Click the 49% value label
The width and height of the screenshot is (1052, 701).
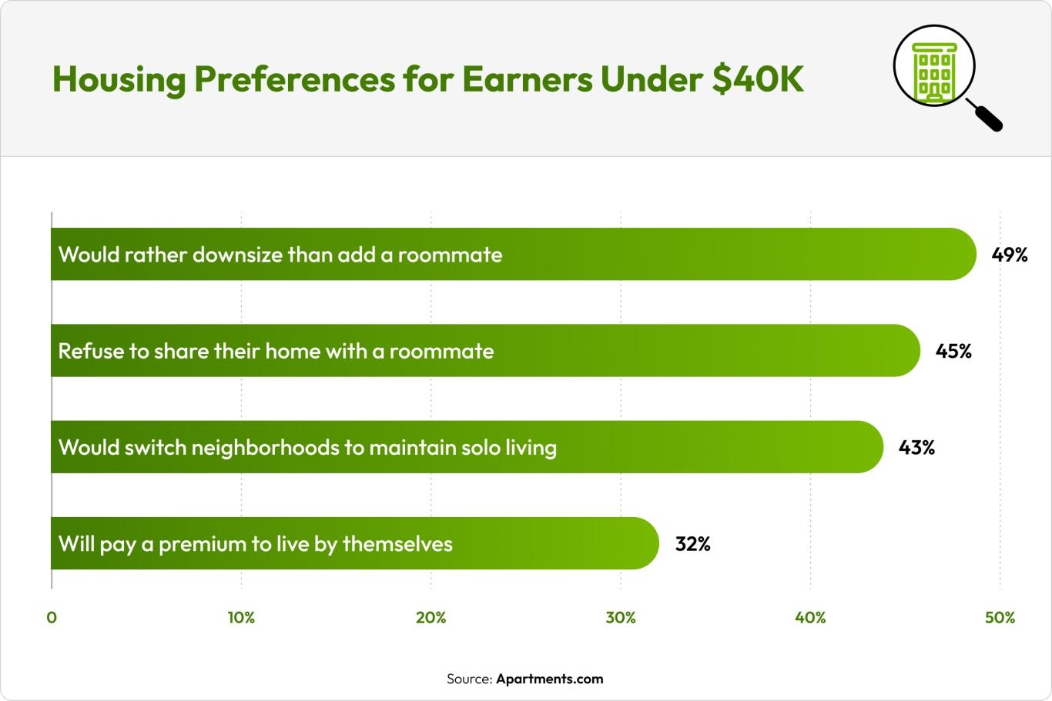pyautogui.click(x=1010, y=255)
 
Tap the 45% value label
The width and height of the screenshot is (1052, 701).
pyautogui.click(x=953, y=351)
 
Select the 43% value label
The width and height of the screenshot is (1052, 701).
pyautogui.click(x=916, y=448)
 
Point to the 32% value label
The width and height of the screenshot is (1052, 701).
pyautogui.click(x=692, y=544)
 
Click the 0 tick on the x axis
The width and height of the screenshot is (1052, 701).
pyautogui.click(x=52, y=617)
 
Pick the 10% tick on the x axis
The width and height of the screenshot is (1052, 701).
pyautogui.click(x=241, y=617)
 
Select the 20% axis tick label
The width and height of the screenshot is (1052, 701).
pyautogui.click(x=431, y=617)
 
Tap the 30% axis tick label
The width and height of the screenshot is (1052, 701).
pyautogui.click(x=621, y=617)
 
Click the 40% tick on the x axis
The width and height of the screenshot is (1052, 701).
pyautogui.click(x=810, y=617)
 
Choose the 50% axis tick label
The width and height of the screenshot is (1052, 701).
pyautogui.click(x=1000, y=617)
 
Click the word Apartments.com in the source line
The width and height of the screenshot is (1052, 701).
pyautogui.click(x=549, y=679)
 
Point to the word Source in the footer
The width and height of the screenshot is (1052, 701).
pyautogui.click(x=468, y=679)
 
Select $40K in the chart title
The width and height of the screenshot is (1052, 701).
pyautogui.click(x=758, y=79)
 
